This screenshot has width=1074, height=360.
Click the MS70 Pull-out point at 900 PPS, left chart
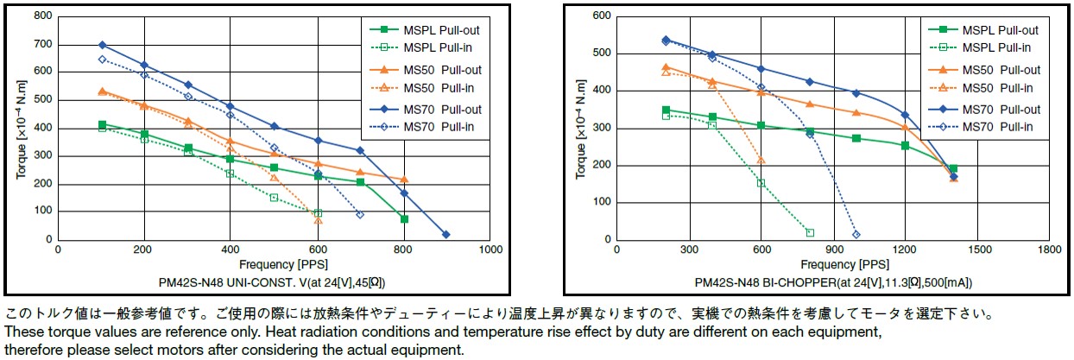pos(446,235)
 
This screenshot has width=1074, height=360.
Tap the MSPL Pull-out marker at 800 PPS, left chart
pos(404,219)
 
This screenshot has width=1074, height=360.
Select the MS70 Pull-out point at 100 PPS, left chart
pos(102,45)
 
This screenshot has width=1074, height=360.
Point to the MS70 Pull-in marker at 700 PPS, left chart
pos(360,214)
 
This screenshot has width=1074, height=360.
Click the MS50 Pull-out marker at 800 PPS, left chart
pos(404,180)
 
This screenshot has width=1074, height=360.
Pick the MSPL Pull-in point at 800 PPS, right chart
pos(810,232)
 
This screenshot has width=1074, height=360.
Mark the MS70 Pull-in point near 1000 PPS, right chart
pos(856,235)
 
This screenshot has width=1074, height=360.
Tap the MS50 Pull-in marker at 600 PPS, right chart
pos(761,160)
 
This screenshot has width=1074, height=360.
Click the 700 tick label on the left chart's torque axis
pos(41,45)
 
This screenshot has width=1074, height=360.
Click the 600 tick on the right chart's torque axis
pos(601,16)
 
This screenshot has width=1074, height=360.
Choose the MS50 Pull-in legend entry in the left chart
pos(437,87)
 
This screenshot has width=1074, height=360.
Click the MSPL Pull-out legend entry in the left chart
pos(437,29)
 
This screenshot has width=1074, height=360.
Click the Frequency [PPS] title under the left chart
pos(274,264)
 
